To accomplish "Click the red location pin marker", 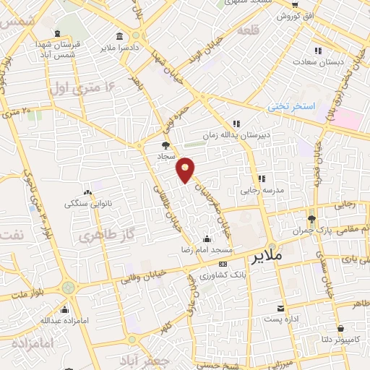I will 186,168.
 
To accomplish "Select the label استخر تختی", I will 293,106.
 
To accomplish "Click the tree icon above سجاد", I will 165,145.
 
